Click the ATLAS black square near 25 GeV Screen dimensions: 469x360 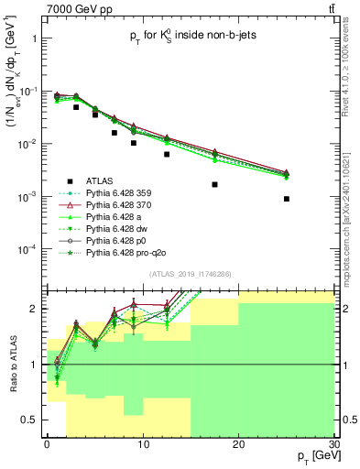287,199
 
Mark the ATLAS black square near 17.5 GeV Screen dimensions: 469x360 214,184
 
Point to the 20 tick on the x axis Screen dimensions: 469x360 238,444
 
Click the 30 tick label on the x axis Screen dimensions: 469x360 333,444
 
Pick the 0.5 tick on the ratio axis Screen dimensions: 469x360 35,420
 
